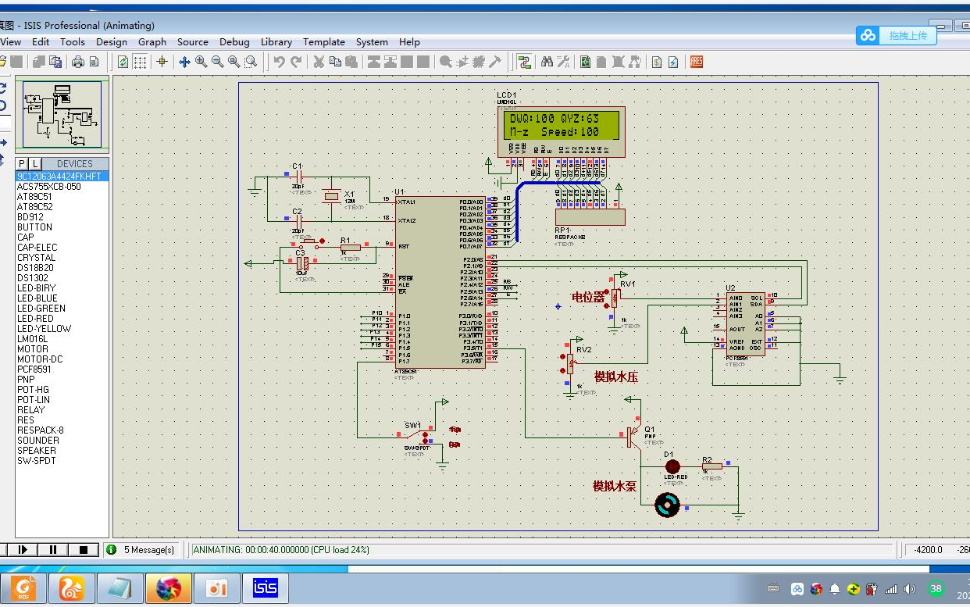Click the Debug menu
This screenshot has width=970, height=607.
click(x=234, y=42)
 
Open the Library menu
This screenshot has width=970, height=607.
click(x=276, y=42)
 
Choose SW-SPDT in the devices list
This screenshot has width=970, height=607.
click(x=37, y=460)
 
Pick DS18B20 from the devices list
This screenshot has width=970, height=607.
click(x=35, y=267)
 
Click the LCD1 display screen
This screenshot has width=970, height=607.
click(x=562, y=126)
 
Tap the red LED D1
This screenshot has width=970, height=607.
click(x=672, y=466)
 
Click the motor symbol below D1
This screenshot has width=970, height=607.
click(x=667, y=505)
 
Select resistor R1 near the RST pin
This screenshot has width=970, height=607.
click(x=350, y=247)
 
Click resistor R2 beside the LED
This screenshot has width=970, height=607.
click(x=711, y=466)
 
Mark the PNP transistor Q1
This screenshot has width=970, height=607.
click(x=631, y=437)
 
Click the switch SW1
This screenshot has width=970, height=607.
click(x=418, y=437)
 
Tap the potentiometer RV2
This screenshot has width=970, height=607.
click(x=570, y=362)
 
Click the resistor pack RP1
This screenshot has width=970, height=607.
click(x=590, y=216)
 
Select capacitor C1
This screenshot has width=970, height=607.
click(x=297, y=177)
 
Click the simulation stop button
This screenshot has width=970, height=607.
click(x=84, y=549)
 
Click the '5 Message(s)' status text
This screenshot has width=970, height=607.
click(x=149, y=550)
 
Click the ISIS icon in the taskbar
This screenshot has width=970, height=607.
click(x=266, y=588)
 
